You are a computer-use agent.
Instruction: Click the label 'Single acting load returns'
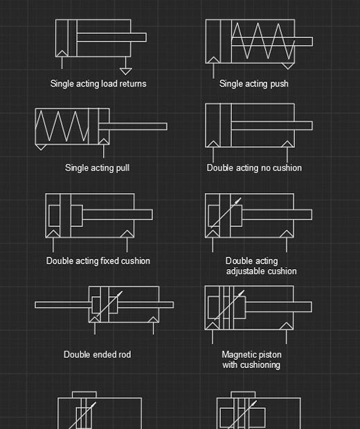coord(98,84)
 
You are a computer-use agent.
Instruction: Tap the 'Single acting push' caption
coord(254,84)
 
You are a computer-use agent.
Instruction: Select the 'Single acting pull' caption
coord(97,167)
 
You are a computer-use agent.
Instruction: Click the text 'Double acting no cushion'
coord(254,167)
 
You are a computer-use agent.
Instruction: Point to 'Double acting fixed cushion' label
coord(98,260)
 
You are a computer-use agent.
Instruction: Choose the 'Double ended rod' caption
coord(97,354)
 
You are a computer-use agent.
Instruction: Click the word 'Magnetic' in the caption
coord(237,354)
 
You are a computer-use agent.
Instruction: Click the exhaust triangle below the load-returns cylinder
coord(126,71)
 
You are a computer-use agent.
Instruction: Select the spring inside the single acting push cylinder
coord(263,41)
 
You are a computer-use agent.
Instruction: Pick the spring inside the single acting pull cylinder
coord(62,126)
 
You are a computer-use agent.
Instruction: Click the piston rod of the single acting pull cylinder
coord(133,127)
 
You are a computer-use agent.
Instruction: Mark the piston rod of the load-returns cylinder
coord(111,37)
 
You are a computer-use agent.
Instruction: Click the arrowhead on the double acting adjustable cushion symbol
coord(238,201)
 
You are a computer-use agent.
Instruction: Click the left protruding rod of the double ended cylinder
coord(63,304)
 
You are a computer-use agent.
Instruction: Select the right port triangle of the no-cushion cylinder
coord(287,144)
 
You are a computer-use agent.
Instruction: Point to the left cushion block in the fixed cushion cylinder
coord(54,215)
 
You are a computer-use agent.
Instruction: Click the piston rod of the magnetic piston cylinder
coord(278,307)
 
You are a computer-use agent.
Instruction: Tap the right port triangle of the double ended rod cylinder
coord(153,320)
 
